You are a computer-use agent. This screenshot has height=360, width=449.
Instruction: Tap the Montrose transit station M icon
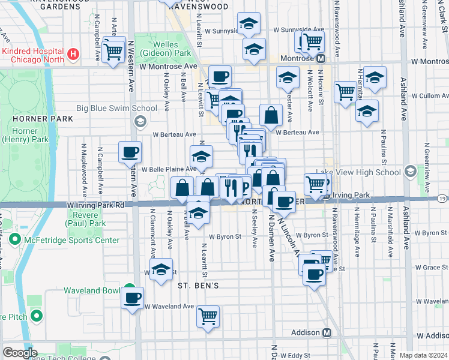pos(321,59)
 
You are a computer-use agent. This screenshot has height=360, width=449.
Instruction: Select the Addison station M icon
pos(327,333)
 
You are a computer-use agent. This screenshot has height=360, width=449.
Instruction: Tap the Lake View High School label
pos(365,172)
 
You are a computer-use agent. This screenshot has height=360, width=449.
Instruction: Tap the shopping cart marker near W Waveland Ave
pos(208,316)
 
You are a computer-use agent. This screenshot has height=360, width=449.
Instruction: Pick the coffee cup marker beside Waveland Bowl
pos(133,298)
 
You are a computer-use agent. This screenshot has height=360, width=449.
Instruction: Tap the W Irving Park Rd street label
pos(95,205)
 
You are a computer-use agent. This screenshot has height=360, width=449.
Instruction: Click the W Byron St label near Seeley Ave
pos(225,236)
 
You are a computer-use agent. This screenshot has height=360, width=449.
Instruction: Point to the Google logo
pos(20,353)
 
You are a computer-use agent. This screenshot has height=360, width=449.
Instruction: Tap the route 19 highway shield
pos(442,199)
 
